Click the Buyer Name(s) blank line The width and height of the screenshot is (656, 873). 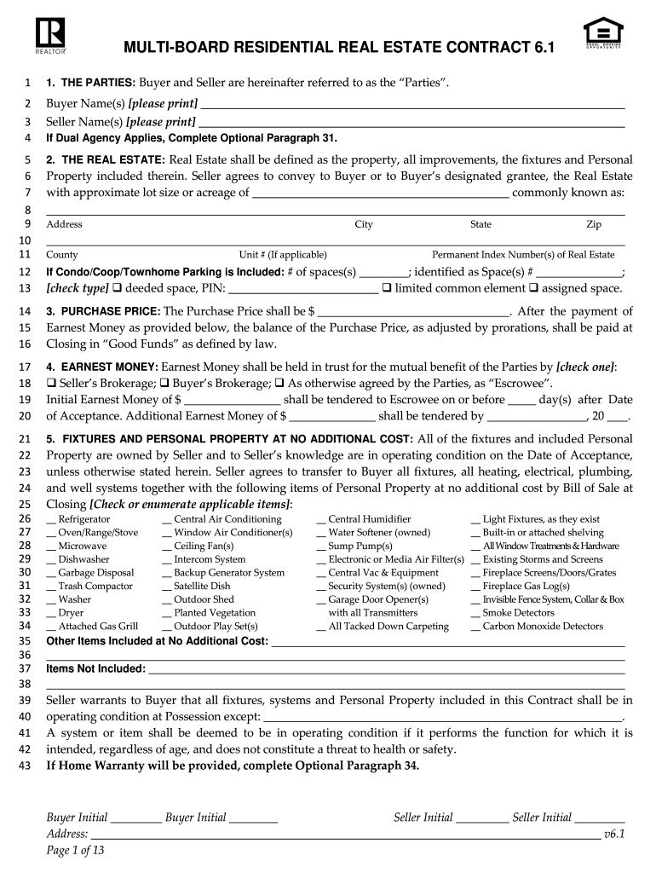(x=412, y=105)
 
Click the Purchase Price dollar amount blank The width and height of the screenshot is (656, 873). (x=413, y=312)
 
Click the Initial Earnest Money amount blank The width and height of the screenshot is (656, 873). (x=233, y=400)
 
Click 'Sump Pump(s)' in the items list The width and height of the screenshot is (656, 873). (x=354, y=546)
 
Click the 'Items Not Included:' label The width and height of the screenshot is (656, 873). (x=95, y=669)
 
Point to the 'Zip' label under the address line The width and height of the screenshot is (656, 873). (x=593, y=225)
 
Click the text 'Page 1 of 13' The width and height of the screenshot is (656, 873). (x=75, y=850)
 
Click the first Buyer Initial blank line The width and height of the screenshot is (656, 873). (x=135, y=818)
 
